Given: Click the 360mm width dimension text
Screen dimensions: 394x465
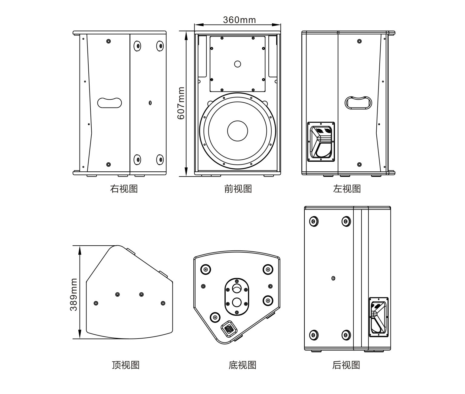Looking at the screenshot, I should pos(239,20).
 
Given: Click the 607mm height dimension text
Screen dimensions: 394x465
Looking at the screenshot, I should pos(181,103).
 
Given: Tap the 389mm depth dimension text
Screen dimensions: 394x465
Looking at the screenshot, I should pos(74,295).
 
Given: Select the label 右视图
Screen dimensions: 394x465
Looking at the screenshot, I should pos(124,189).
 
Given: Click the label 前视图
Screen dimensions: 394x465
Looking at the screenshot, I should pos(238,189).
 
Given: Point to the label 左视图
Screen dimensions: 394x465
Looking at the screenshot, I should pos(347,189).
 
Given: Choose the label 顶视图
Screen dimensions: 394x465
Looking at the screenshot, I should pos(126,365).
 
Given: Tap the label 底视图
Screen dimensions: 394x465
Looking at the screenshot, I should pos(242,365).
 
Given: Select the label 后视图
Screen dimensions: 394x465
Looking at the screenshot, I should pos(346,365).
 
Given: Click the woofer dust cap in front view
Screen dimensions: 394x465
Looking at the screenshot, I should pos(237,131).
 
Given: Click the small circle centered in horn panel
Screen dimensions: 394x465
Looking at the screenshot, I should pos(237,64).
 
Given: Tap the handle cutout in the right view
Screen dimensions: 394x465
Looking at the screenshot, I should pos(110,103).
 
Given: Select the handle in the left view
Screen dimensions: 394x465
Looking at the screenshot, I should pos(359,102).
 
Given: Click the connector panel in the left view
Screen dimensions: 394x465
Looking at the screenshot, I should pos(321,142).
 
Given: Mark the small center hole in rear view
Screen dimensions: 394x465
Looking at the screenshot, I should pos(333,278).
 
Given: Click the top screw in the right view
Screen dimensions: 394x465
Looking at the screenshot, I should pos(108,41).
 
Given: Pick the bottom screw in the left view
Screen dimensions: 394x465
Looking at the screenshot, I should pos(359,164).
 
